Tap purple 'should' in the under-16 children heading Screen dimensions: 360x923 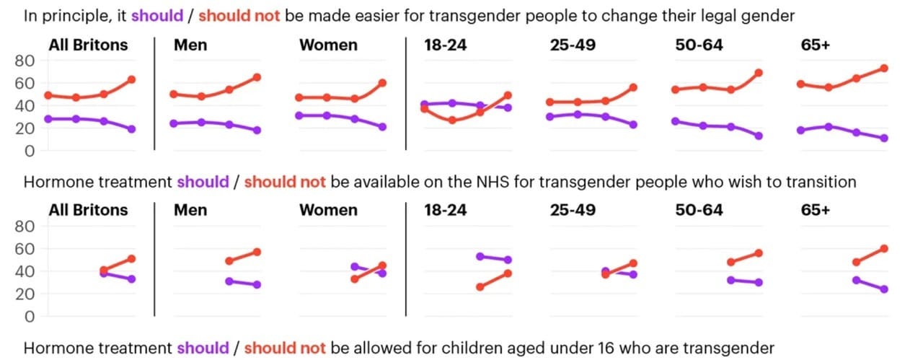[x=203, y=348]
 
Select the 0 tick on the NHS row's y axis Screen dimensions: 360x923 [x=30, y=317]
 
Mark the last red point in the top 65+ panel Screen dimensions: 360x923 [x=884, y=69]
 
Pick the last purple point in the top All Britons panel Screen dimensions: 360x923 [x=131, y=129]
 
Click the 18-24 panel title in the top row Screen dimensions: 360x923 [x=446, y=45]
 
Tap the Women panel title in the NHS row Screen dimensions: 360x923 [x=328, y=210]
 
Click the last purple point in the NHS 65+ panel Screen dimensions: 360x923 [x=884, y=289]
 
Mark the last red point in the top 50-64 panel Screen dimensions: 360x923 [x=759, y=73]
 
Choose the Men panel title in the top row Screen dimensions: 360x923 [x=190, y=45]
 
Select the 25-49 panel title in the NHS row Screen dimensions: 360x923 [x=571, y=210]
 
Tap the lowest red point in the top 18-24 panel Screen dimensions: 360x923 [x=452, y=120]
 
